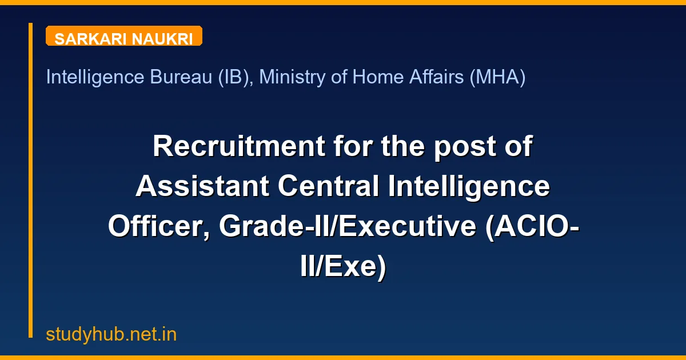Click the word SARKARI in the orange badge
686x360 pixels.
coord(91,39)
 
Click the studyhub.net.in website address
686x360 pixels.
coord(111,334)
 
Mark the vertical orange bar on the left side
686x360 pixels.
coord(31,180)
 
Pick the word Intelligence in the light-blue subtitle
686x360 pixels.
coord(94,77)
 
